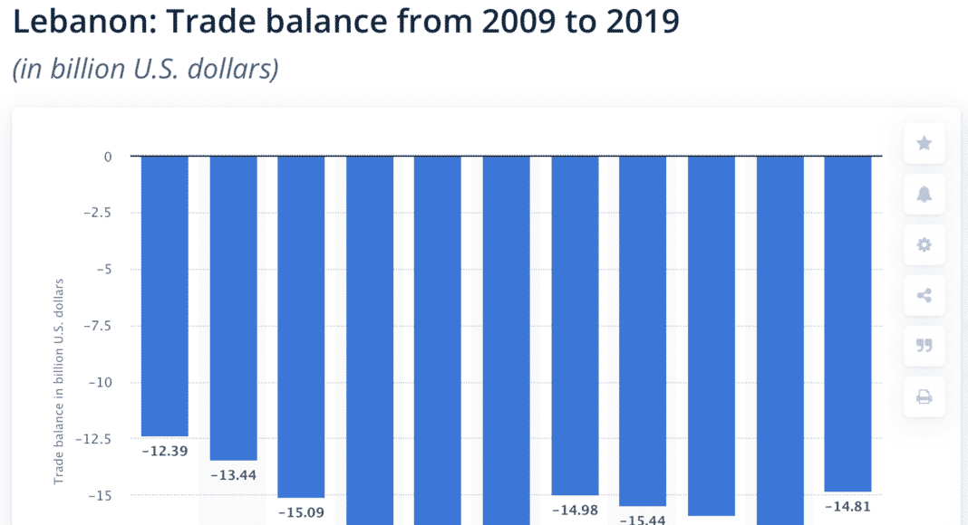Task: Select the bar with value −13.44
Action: click(233, 308)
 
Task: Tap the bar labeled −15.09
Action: click(301, 327)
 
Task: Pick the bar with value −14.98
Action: click(575, 326)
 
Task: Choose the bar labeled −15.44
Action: click(643, 330)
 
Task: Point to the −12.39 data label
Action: click(165, 450)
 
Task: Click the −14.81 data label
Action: click(847, 506)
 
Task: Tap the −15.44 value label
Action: click(643, 520)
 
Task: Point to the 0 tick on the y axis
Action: click(108, 157)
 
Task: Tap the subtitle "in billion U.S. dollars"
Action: click(145, 70)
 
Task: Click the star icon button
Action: click(924, 143)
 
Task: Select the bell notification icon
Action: click(924, 194)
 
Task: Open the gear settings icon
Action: click(924, 244)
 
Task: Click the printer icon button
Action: click(924, 396)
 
